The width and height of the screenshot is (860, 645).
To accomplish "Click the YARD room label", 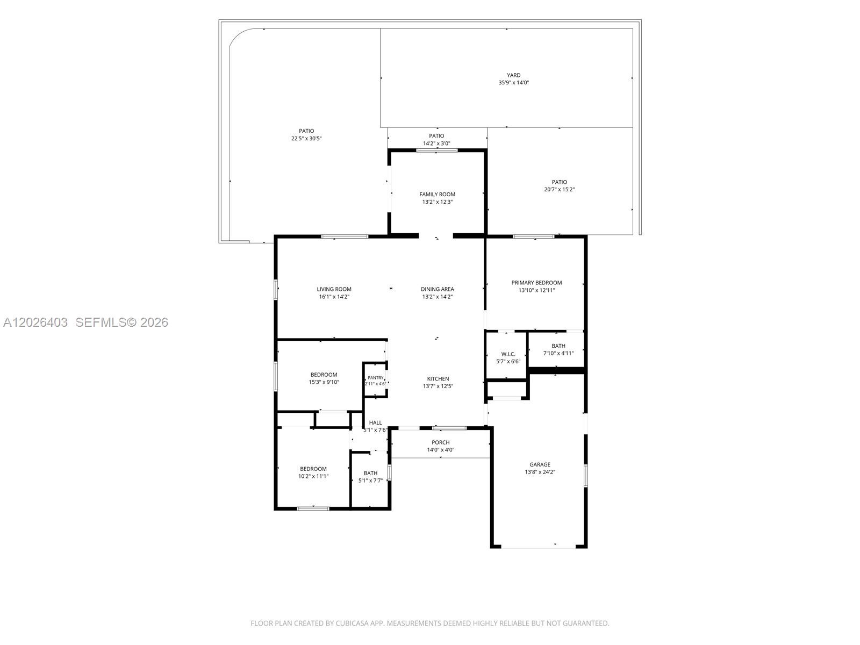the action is tap(513, 75).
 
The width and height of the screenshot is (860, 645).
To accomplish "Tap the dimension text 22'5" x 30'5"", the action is tap(306, 138).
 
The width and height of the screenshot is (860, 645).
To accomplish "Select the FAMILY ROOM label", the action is tap(437, 194).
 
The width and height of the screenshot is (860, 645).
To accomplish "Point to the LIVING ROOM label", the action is tap(334, 289).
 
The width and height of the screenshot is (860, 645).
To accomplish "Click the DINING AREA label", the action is tap(437, 289).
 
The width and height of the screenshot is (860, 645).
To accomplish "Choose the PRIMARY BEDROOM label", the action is tap(536, 282).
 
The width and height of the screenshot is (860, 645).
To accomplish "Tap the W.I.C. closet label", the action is tap(508, 354).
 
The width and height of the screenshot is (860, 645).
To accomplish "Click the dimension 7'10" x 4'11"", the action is tap(558, 353).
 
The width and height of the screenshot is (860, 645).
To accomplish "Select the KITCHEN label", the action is tap(438, 379).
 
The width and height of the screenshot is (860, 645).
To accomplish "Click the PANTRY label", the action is tap(375, 377).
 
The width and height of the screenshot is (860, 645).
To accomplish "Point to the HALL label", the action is tap(375, 422).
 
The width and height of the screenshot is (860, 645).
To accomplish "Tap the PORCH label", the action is tap(440, 442).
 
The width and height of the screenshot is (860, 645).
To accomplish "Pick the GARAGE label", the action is tap(540, 464).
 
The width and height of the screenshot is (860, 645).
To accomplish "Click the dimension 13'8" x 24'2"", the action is tap(540, 472).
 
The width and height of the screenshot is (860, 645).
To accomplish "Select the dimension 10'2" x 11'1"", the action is tap(313, 476).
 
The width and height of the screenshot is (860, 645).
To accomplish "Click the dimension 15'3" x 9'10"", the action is tap(324, 382).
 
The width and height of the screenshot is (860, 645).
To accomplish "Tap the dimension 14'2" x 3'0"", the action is tap(436, 144).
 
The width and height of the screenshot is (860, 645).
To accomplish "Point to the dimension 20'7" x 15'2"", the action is tap(559, 189).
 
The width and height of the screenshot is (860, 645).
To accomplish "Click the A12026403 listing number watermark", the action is tap(35, 322).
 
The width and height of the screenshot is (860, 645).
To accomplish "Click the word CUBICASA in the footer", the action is tap(352, 623).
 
